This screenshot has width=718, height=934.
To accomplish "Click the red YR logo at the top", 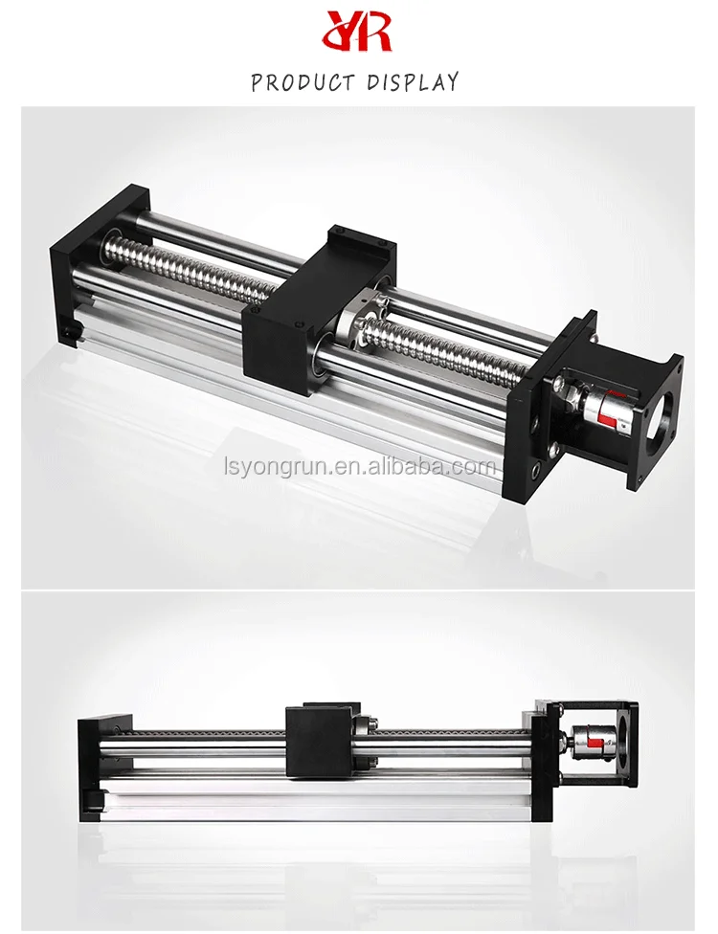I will click(358, 31).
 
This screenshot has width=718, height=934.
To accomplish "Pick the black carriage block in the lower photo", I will click(315, 739).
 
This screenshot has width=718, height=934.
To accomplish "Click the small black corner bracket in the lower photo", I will click(94, 799).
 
